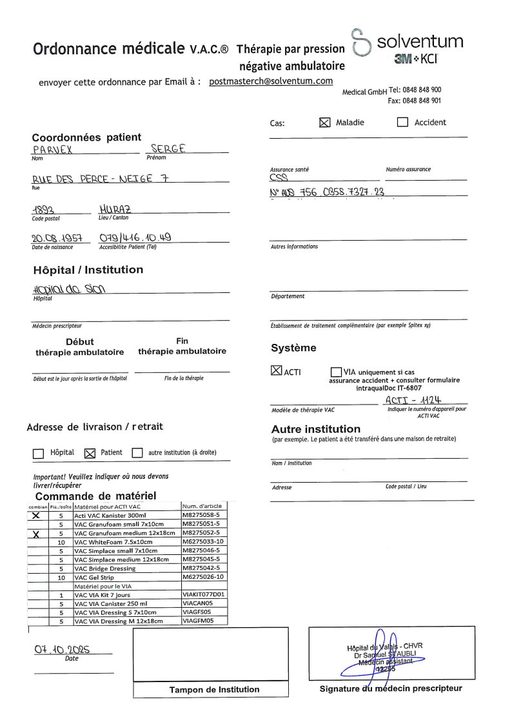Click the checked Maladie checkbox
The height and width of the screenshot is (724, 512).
tap(325, 123)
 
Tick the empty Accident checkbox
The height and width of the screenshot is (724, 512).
tap(402, 123)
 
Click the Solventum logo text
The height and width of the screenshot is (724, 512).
tap(420, 43)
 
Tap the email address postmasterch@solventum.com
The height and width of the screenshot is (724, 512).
tap(271, 81)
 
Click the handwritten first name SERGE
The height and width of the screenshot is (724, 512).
tap(168, 149)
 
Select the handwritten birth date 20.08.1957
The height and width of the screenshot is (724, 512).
tap(57, 238)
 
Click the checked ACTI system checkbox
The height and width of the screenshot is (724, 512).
tap(276, 371)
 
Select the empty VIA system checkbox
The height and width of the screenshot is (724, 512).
tap(336, 372)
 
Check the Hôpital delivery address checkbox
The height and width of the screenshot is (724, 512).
tap(38, 453)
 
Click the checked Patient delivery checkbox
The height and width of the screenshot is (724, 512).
tap(90, 453)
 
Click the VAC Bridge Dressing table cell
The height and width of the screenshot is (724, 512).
tap(104, 568)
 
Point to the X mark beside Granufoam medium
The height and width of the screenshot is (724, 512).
tap(36, 534)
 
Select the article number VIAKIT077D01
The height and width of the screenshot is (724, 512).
tap(204, 594)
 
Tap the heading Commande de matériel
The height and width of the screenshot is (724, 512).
tap(95, 496)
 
